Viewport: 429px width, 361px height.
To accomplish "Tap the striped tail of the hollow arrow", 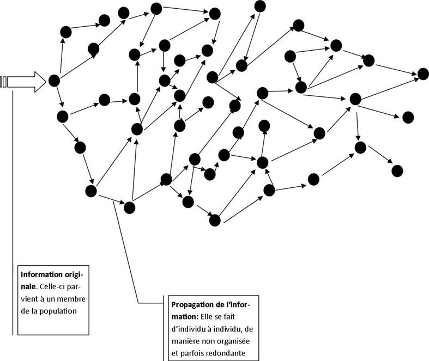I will click(4, 82).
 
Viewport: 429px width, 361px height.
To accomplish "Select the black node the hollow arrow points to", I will click(54, 81).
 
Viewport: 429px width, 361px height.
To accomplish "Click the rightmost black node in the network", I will click(423, 74).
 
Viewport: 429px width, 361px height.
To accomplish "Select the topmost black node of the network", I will click(260, 6).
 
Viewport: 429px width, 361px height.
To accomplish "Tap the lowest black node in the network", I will click(214, 220).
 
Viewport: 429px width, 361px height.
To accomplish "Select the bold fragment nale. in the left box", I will click(29, 286).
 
